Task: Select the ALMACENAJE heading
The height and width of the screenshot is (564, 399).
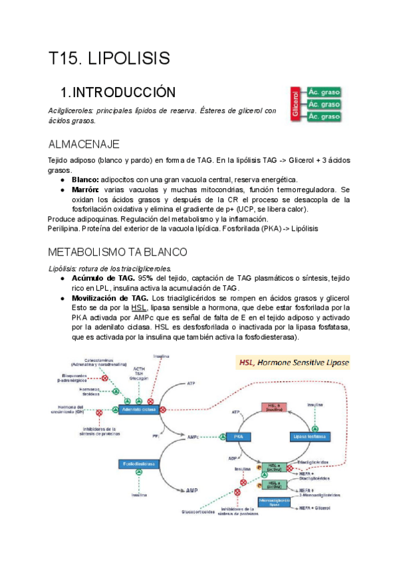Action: pos(84,144)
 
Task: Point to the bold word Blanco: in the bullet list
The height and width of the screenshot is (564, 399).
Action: pos(84,180)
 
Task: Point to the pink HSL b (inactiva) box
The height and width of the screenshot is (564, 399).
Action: pos(275,408)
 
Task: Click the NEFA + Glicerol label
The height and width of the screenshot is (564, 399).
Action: pos(315,507)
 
